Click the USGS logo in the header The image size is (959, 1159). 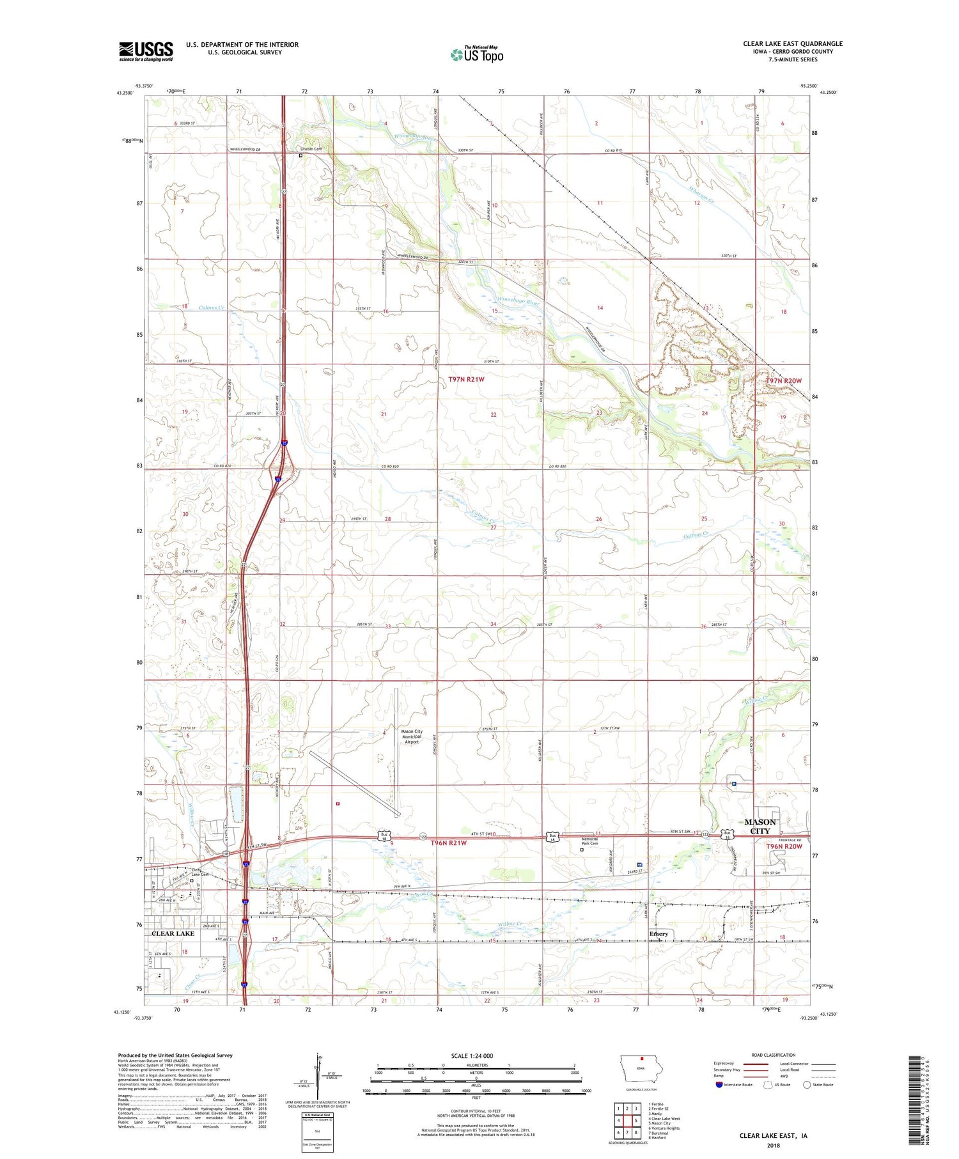tap(146, 51)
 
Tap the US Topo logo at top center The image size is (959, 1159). tap(476, 55)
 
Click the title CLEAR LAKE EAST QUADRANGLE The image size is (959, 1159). tap(792, 43)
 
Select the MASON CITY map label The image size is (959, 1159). tap(760, 826)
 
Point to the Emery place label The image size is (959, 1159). tap(659, 934)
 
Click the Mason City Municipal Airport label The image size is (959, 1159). tap(411, 736)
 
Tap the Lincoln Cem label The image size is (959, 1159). tap(311, 149)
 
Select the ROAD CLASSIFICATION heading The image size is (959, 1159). tap(774, 1055)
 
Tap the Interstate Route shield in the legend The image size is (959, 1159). tap(719, 1084)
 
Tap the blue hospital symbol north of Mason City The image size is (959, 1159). tap(734, 784)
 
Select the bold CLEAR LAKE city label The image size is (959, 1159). tap(173, 933)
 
